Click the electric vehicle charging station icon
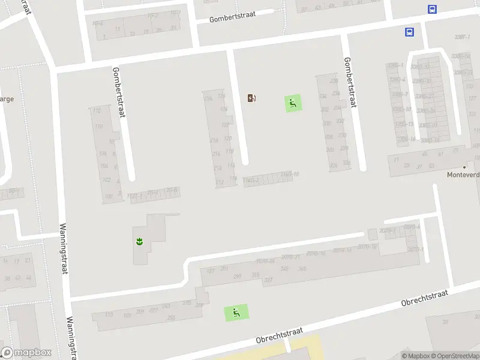click(x=252, y=98)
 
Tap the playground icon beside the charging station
click(x=293, y=104)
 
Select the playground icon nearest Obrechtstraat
click(x=236, y=312)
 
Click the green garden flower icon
click(x=139, y=241)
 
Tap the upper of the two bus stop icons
click(x=432, y=9)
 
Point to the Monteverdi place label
click(x=463, y=175)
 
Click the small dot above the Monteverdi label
click(x=464, y=167)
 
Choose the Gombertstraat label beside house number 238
click(x=350, y=82)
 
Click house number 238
click(x=334, y=81)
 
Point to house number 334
click(x=323, y=96)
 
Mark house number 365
click(x=302, y=269)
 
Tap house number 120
click(x=227, y=138)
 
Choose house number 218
click(x=215, y=140)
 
